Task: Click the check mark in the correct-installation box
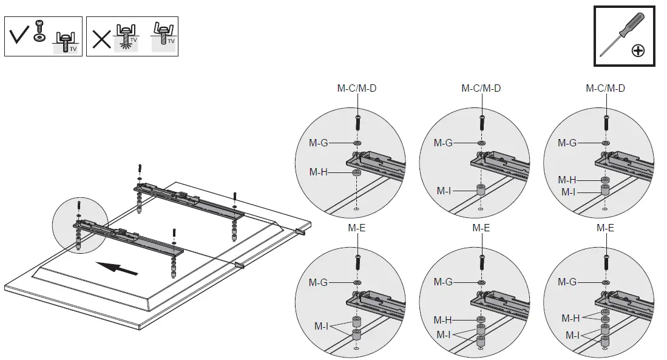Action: [x=19, y=36]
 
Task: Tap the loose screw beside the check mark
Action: [x=39, y=26]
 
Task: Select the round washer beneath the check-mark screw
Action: [x=39, y=38]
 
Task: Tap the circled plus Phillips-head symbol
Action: [x=638, y=50]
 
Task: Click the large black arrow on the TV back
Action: [x=116, y=267]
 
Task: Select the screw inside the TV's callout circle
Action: [x=79, y=206]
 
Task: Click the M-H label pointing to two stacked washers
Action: [x=570, y=318]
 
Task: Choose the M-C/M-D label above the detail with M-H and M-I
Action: [x=605, y=88]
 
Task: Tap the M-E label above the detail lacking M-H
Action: [x=356, y=228]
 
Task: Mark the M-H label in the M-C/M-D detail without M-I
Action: [x=319, y=172]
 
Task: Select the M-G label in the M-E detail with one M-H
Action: [x=443, y=282]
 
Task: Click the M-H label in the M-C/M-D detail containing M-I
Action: [x=567, y=180]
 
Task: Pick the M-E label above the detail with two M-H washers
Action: [x=605, y=228]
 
